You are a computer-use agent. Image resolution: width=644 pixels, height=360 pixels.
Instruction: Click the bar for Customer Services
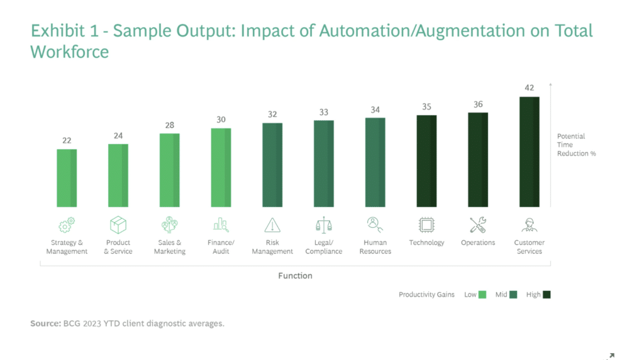[530, 152]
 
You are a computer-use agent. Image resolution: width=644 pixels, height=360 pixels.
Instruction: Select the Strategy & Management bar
[67, 177]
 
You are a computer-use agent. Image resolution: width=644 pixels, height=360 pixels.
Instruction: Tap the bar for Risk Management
[272, 165]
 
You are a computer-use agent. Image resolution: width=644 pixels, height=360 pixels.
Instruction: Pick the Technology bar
[426, 160]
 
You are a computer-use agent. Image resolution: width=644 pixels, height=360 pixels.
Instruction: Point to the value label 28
[170, 125]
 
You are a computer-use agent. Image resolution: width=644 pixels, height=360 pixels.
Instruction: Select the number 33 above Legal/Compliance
[324, 112]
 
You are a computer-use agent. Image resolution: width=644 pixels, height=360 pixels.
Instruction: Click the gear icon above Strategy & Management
[67, 225]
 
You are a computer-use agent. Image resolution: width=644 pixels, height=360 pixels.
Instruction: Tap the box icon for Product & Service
[118, 225]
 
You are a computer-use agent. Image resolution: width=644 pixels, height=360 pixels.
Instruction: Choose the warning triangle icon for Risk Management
[272, 225]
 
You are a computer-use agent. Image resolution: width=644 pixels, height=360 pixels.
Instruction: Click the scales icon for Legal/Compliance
[324, 225]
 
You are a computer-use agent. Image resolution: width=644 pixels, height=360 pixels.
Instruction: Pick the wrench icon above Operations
[478, 225]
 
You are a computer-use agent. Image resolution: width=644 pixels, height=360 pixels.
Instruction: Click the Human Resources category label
[375, 247]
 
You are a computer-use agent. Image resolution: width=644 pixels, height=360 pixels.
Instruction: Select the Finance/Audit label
[221, 247]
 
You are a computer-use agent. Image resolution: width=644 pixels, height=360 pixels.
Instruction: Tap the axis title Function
[295, 276]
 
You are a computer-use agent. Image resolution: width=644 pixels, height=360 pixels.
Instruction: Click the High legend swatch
[546, 295]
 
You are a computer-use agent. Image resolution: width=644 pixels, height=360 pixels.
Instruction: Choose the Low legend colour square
[482, 295]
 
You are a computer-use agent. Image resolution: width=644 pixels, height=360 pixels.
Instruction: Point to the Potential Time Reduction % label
[576, 145]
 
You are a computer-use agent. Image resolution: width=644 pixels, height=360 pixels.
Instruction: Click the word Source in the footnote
[44, 323]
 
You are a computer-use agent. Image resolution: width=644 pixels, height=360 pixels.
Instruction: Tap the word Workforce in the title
[69, 52]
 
